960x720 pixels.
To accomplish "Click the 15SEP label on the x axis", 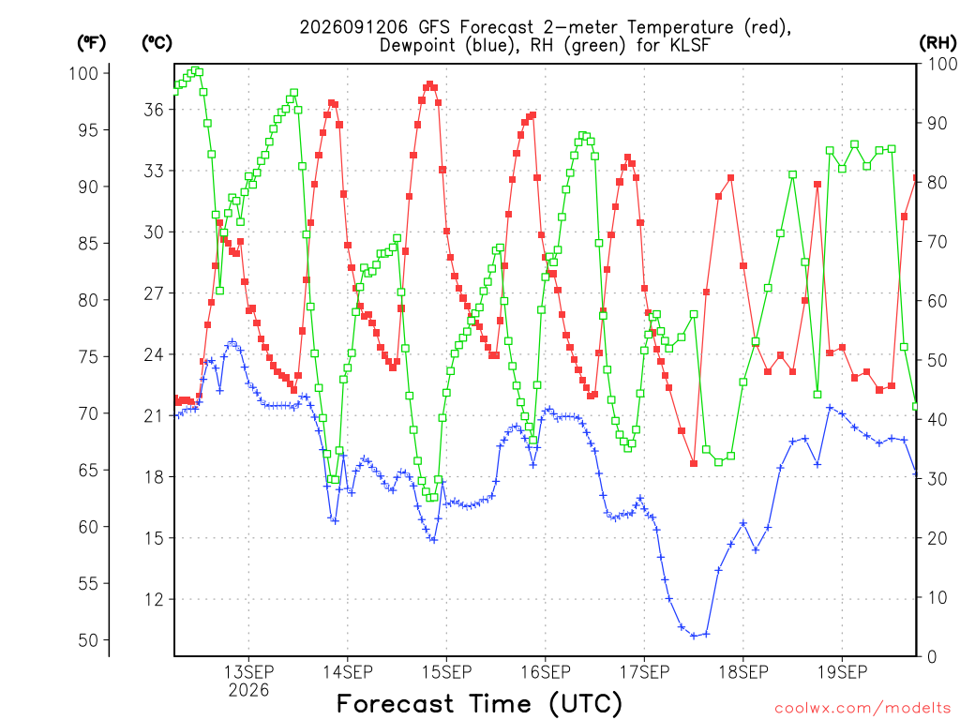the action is [x=446, y=672].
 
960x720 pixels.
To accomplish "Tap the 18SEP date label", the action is [x=743, y=672].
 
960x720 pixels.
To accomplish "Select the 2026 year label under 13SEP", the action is [x=248, y=691].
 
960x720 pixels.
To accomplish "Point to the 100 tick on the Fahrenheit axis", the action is [x=83, y=73].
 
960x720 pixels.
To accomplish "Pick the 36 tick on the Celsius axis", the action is [x=154, y=110].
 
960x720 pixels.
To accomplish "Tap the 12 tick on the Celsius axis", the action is [x=154, y=599].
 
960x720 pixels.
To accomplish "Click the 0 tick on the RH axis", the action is [x=932, y=657].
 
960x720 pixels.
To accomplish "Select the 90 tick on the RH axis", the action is [x=937, y=123].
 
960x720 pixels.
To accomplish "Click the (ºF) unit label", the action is [x=91, y=43].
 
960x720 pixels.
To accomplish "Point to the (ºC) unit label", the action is [x=157, y=43].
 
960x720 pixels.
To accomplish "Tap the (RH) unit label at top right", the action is [x=937, y=43].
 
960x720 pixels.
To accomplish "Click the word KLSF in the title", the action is [x=690, y=45].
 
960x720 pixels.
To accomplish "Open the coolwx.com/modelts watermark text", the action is [x=862, y=709].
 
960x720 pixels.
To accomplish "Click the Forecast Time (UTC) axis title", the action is [x=479, y=703].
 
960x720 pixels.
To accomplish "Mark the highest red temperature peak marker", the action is [x=429, y=84].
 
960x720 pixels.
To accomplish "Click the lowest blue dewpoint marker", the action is [x=694, y=637].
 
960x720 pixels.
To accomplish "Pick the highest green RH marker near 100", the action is [x=195, y=70].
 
